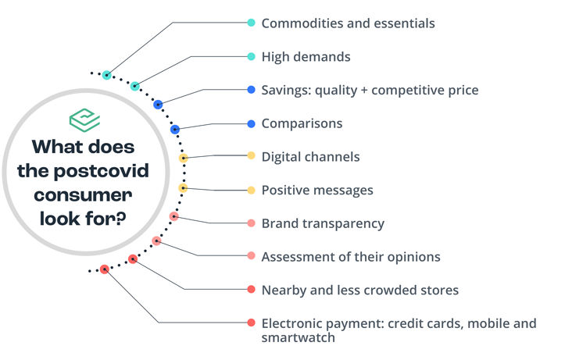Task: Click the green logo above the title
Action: coord(84,120)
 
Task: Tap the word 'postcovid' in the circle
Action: coord(102,171)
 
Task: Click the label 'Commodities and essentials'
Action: coord(348,23)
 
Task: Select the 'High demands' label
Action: coord(306,57)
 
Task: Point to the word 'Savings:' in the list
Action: coord(286,90)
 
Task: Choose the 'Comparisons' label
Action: coord(302,124)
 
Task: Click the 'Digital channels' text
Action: coord(310,157)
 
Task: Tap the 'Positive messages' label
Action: coord(317,190)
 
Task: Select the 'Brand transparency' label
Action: coord(323,223)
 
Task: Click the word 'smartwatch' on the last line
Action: coord(299,337)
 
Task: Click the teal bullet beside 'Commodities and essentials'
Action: coord(251,23)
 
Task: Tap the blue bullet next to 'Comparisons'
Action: coord(251,124)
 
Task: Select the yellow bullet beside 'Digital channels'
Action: coord(251,155)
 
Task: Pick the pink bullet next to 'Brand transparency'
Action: coord(251,223)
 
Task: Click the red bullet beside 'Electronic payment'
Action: coord(251,323)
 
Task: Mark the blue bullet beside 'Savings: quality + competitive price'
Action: coord(251,90)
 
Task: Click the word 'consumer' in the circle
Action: coord(83,195)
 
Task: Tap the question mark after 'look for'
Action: coord(121,218)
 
